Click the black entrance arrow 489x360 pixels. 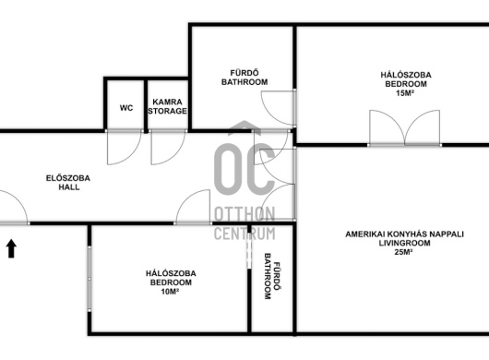[11, 248]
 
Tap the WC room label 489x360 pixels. [126, 108]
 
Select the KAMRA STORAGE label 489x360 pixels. [168, 106]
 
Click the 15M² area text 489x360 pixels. [405, 93]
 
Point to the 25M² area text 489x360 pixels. [403, 252]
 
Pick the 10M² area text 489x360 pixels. [170, 292]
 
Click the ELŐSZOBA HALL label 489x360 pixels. [68, 183]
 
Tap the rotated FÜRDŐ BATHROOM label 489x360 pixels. [272, 276]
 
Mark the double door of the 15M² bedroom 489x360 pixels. [404, 128]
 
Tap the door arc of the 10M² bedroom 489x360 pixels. [186, 196]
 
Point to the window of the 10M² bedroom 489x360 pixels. [89, 279]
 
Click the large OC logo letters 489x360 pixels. [244, 168]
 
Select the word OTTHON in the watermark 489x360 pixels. [244, 214]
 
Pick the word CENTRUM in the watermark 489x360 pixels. [244, 234]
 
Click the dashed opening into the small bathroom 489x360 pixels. [249, 252]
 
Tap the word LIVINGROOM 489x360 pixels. [404, 243]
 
